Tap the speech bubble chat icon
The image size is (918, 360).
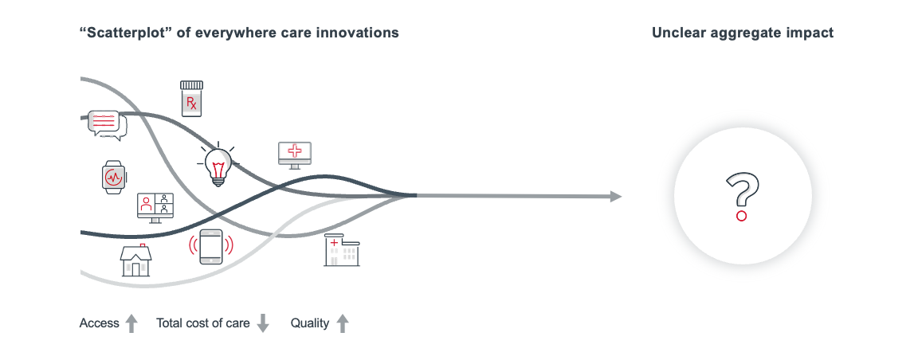(107, 124)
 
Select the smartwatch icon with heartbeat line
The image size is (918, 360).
(114, 177)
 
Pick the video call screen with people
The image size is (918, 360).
(155, 207)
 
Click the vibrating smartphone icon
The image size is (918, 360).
(210, 247)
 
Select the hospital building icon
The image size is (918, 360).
(341, 249)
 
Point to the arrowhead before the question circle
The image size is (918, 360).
(616, 196)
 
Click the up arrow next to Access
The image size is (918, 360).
(132, 323)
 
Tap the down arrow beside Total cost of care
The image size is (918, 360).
(263, 323)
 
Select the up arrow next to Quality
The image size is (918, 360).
(343, 323)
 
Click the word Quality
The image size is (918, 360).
(309, 323)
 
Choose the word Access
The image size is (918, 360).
(99, 323)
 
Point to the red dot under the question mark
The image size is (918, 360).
(741, 215)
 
